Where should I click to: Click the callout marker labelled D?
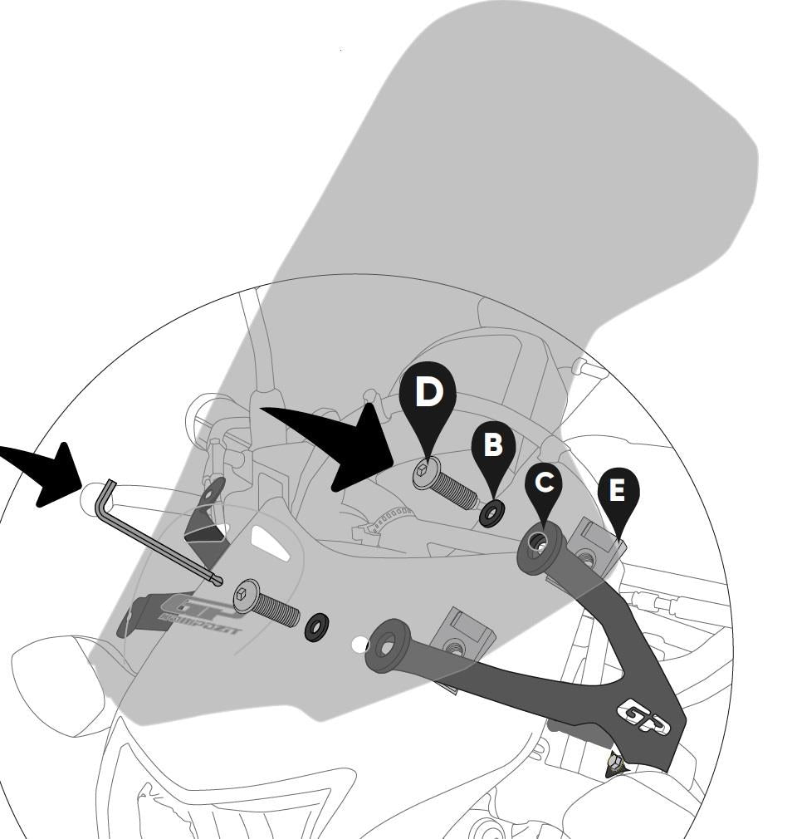[x=428, y=393]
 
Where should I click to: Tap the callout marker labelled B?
[x=493, y=445]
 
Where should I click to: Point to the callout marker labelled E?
[x=617, y=491]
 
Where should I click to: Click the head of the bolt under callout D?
[x=424, y=474]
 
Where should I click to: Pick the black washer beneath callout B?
[x=491, y=513]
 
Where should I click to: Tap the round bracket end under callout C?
[x=540, y=548]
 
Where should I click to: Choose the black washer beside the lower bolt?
[x=316, y=626]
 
